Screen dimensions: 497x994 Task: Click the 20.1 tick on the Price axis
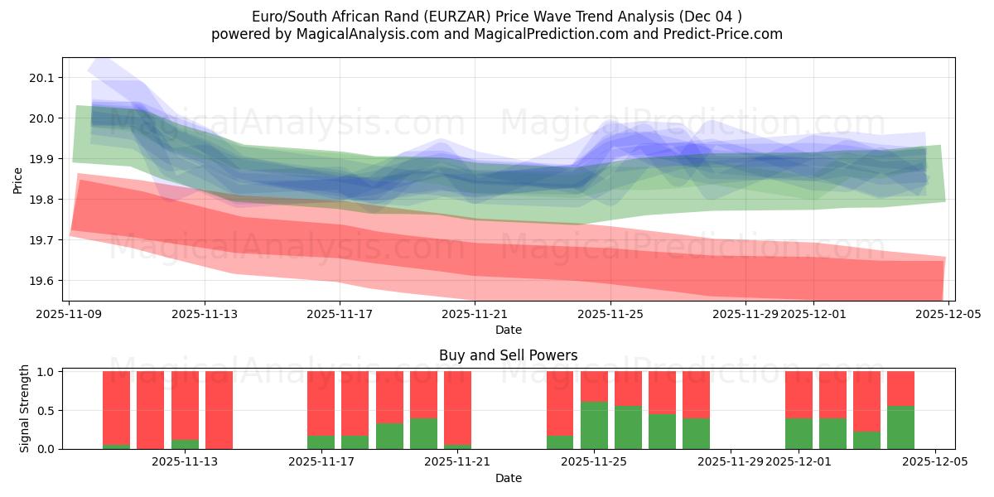(40, 78)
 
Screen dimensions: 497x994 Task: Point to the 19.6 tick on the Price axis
(40, 281)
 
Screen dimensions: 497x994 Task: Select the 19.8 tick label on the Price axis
(40, 200)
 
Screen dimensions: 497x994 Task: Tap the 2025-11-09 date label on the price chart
(70, 314)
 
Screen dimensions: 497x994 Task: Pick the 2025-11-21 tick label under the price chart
(475, 314)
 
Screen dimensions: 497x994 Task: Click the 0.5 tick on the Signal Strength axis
(46, 410)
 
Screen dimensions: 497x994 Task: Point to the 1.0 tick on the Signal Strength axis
(46, 372)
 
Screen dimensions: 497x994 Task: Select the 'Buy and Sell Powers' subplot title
(508, 355)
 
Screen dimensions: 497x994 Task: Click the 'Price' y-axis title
(18, 180)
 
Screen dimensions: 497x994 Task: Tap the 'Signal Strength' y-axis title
(25, 408)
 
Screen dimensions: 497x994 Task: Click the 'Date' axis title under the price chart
(508, 330)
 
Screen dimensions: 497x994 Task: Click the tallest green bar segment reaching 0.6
(594, 426)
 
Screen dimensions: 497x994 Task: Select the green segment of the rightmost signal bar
(900, 427)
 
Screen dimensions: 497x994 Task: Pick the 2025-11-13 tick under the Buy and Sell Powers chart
(185, 462)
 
